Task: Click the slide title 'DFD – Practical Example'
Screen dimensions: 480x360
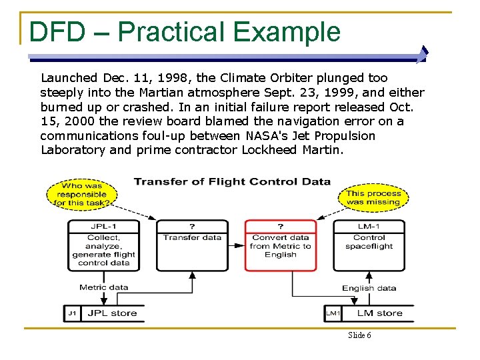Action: click(185, 31)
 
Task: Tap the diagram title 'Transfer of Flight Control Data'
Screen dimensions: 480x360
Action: click(232, 181)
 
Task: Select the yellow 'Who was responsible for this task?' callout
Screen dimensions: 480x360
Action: click(82, 193)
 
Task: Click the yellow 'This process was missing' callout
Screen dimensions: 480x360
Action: click(373, 197)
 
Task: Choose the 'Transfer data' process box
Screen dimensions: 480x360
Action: click(192, 245)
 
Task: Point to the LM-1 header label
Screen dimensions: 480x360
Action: click(369, 226)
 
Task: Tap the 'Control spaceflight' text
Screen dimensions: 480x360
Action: click(369, 241)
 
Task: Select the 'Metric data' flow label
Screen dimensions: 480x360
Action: click(103, 287)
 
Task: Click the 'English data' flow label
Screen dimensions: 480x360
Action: click(369, 288)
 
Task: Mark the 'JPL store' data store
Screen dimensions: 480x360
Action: click(112, 313)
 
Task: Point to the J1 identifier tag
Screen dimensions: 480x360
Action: click(72, 313)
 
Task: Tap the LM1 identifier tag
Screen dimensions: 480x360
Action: click(333, 313)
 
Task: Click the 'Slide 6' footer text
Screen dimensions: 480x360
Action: click(359, 335)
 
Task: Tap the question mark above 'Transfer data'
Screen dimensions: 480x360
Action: click(192, 226)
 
